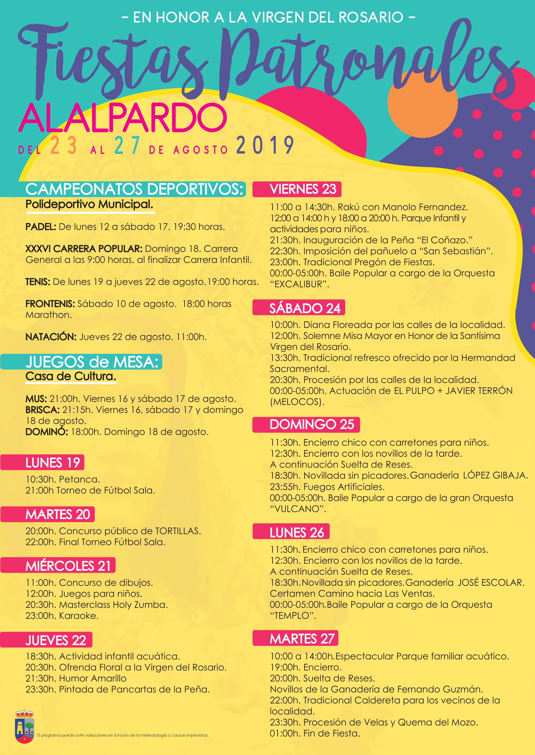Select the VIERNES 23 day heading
tap(303, 189)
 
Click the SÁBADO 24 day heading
tap(305, 308)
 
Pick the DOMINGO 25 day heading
tap(312, 425)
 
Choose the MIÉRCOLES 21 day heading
tap(68, 566)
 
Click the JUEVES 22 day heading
tap(56, 640)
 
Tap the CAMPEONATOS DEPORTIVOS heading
tap(135, 189)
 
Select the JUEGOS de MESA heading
tap(92, 362)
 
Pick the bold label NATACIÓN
tap(51, 337)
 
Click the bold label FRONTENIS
tap(50, 304)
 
